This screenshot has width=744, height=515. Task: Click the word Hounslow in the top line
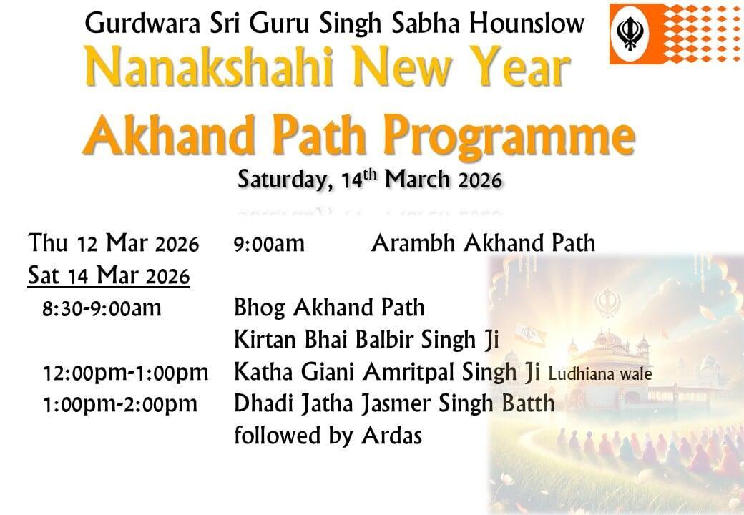tap(527, 23)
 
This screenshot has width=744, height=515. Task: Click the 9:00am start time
tap(269, 244)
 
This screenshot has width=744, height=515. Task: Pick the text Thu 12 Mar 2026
tap(114, 243)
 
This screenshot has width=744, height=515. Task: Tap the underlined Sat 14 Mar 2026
tap(109, 276)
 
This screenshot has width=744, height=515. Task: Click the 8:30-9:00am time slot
tap(102, 308)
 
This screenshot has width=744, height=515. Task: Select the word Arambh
tap(414, 243)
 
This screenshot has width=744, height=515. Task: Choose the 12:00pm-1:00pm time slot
tap(125, 373)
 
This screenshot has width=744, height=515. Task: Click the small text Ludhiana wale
tap(600, 374)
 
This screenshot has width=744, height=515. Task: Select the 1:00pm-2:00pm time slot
tap(120, 405)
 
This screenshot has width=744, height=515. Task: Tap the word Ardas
tap(391, 436)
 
